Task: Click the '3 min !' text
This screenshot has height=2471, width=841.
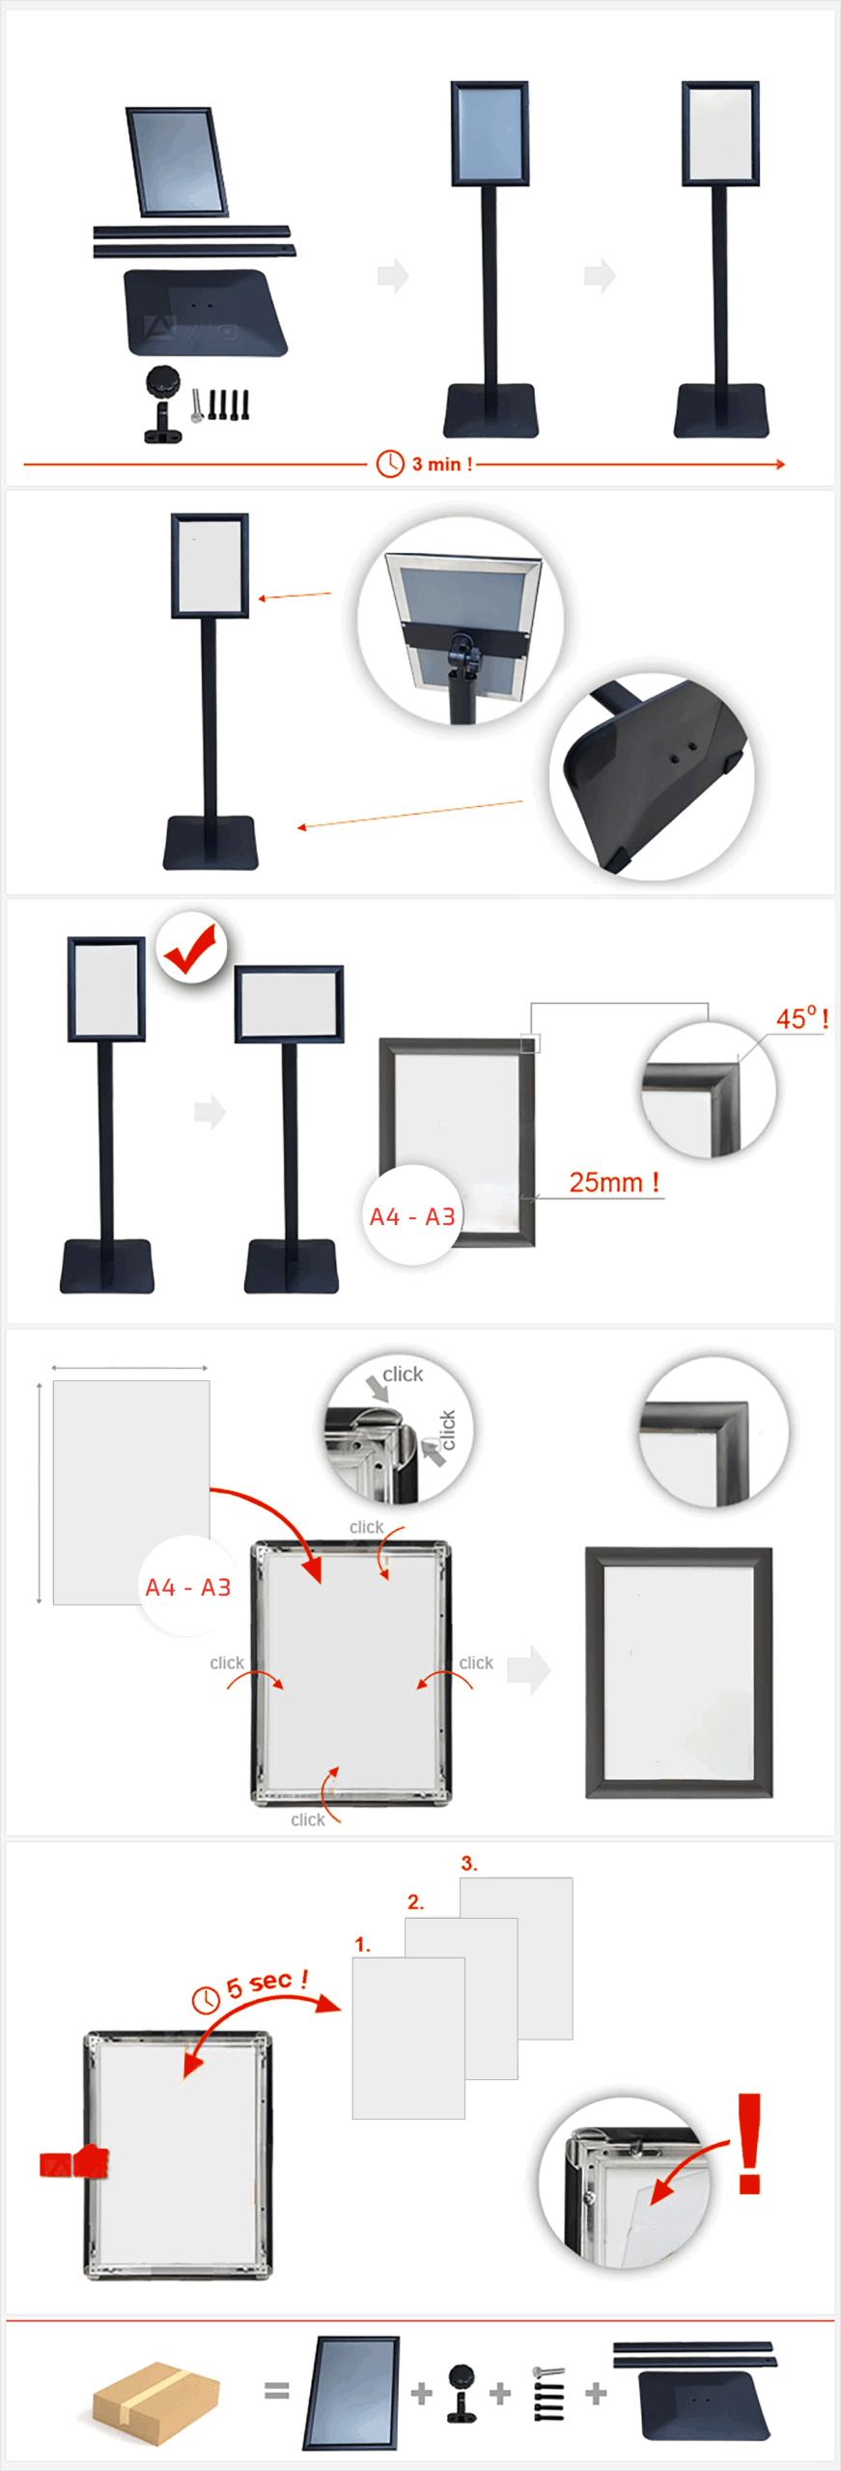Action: pyautogui.click(x=442, y=464)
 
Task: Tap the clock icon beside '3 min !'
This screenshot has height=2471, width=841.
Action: pyautogui.click(x=390, y=463)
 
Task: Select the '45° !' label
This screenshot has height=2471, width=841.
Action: pyautogui.click(x=801, y=1018)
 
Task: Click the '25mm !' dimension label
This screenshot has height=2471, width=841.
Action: pyautogui.click(x=614, y=1182)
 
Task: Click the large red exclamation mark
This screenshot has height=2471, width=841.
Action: pyautogui.click(x=749, y=2145)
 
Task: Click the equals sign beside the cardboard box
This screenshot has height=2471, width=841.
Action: pyautogui.click(x=276, y=2390)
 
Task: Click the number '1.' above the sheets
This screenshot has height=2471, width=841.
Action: pyautogui.click(x=363, y=1944)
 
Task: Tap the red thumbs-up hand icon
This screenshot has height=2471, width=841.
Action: pyautogui.click(x=74, y=2163)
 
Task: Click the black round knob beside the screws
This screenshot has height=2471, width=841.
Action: pyautogui.click(x=163, y=382)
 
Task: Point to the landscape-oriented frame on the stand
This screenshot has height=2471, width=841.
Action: pyautogui.click(x=289, y=1004)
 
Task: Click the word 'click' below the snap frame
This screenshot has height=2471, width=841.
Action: pyautogui.click(x=308, y=1819)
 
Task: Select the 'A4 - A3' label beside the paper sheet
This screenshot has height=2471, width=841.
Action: pyautogui.click(x=187, y=1588)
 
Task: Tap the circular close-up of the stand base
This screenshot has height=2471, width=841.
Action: pyautogui.click(x=653, y=775)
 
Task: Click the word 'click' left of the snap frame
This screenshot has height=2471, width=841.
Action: pyautogui.click(x=227, y=1663)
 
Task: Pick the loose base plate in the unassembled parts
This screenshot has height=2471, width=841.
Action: pyautogui.click(x=205, y=313)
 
